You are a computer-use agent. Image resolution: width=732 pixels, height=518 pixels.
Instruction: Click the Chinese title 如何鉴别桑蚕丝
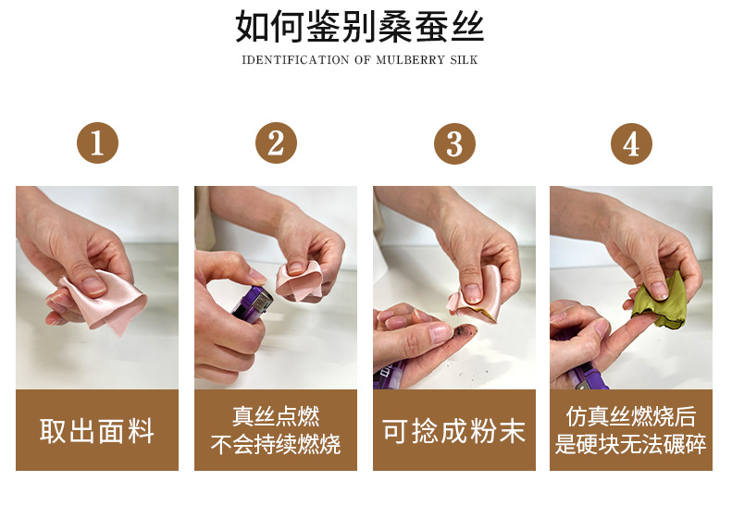click(x=359, y=26)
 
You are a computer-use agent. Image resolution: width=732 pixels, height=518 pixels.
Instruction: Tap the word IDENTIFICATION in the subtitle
click(x=295, y=60)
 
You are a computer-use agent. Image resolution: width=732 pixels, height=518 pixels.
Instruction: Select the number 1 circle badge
click(x=97, y=142)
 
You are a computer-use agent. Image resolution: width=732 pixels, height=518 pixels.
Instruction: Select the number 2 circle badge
click(x=276, y=142)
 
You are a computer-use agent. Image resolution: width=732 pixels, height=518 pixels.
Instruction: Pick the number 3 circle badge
click(x=454, y=143)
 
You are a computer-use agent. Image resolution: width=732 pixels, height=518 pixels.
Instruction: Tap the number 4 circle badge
click(x=631, y=143)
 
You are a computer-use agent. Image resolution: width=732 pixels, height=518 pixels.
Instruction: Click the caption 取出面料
click(x=97, y=431)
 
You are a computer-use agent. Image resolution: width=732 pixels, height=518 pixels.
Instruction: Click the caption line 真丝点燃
click(x=276, y=416)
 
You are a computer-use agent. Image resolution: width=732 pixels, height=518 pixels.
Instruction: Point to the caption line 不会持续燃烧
click(x=276, y=444)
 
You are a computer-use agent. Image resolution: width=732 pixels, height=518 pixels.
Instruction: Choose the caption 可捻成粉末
click(x=454, y=431)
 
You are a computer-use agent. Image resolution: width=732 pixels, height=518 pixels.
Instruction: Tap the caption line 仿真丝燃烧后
click(x=631, y=416)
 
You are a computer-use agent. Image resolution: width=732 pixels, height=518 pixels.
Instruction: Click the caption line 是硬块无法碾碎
click(x=631, y=444)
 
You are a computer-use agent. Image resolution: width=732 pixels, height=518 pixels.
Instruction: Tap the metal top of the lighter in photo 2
click(x=263, y=303)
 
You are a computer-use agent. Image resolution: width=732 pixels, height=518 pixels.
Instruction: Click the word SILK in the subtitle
click(x=464, y=60)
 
